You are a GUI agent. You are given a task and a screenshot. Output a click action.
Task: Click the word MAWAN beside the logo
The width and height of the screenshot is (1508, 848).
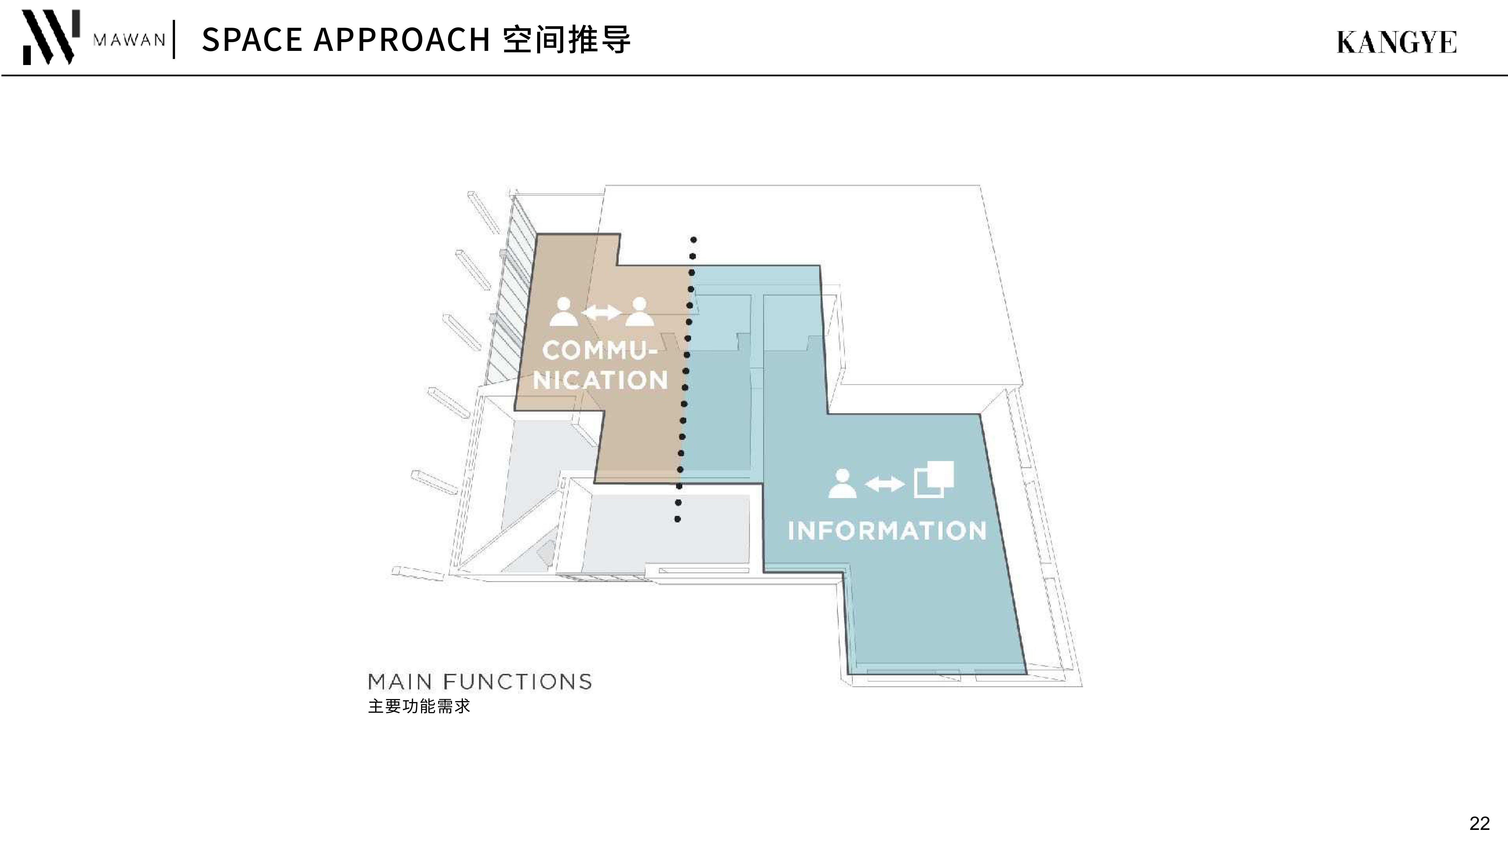pos(130,40)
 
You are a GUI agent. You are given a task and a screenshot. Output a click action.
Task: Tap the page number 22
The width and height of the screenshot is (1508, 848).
pos(1479,823)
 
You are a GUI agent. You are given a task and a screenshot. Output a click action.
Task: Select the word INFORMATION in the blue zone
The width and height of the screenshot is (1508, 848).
pos(887,531)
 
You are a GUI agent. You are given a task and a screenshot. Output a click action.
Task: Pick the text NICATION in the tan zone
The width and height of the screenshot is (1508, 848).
pos(600,380)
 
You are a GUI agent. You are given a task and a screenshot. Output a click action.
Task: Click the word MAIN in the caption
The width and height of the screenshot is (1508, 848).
pos(400,682)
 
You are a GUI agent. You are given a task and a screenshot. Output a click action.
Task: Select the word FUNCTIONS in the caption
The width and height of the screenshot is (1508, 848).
pos(517,682)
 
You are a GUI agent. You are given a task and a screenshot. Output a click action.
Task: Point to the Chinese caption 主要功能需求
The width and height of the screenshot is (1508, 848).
pos(419,706)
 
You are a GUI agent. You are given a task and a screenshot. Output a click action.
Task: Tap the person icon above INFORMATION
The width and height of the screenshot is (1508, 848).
pos(842,483)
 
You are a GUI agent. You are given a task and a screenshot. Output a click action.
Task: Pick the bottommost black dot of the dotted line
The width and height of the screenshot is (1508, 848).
pos(677,519)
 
